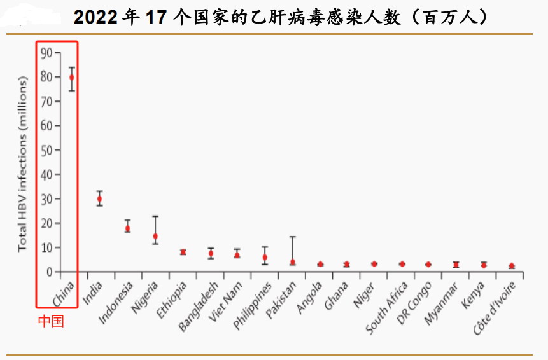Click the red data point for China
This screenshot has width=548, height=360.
click(72, 77)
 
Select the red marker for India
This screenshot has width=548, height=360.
click(99, 198)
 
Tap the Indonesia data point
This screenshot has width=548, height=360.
click(127, 228)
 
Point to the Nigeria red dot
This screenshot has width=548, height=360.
click(155, 236)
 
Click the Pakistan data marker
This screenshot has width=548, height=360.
click(292, 261)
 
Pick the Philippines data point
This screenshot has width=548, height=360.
click(265, 257)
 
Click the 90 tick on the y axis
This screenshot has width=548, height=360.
click(46, 53)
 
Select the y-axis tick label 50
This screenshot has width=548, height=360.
click(46, 150)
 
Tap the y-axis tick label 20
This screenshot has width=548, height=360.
click(46, 223)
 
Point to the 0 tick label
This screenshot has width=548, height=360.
click(50, 272)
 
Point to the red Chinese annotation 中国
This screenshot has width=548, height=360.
click(50, 322)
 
